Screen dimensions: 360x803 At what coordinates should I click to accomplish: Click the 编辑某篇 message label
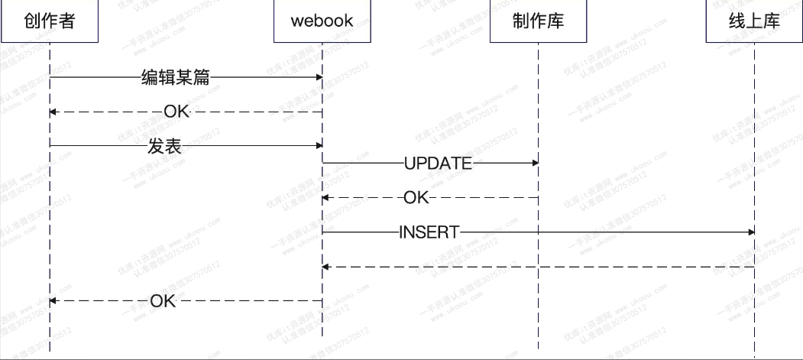tap(175, 77)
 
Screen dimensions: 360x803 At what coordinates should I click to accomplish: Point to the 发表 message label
tap(164, 147)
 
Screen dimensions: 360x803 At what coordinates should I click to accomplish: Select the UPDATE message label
tap(438, 163)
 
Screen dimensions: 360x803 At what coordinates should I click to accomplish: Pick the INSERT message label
tap(429, 232)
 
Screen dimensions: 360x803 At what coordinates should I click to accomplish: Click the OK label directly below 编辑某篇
tap(176, 112)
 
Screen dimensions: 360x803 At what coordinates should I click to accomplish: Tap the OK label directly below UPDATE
tap(416, 198)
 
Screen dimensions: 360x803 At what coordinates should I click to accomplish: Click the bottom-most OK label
tap(163, 301)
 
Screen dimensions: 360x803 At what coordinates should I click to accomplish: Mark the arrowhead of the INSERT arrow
tap(750, 232)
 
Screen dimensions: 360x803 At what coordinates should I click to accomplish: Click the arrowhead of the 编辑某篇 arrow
tap(318, 77)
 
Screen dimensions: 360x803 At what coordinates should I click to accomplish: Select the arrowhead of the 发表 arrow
tap(318, 145)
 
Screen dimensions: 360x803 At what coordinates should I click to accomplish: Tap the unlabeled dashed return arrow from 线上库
tap(535, 267)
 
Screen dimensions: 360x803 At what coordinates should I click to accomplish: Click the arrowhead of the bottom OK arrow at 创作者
tap(53, 301)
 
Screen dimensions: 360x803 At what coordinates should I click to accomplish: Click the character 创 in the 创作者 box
tap(32, 21)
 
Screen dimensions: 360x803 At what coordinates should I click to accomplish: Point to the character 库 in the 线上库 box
tap(771, 21)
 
